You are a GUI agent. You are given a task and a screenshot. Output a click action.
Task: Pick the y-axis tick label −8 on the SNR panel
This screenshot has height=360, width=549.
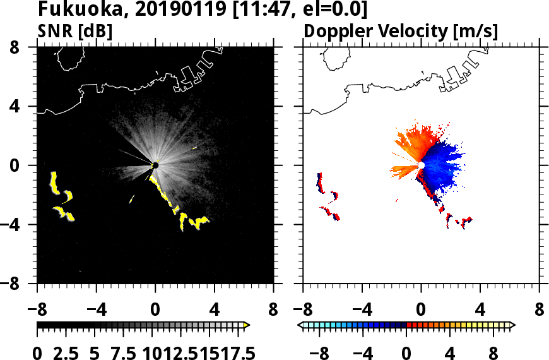click(21, 284)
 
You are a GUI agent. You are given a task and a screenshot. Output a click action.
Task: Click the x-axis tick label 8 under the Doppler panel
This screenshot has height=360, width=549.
click(540, 310)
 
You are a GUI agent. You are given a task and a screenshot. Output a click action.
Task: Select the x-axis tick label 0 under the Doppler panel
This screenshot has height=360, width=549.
click(421, 310)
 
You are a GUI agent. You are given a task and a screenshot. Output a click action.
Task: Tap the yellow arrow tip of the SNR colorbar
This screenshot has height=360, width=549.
click(247, 325)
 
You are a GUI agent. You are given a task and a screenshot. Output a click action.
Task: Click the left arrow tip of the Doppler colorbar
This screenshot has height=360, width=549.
click(300, 325)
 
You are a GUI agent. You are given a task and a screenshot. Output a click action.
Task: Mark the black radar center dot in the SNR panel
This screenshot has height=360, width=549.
click(155, 165)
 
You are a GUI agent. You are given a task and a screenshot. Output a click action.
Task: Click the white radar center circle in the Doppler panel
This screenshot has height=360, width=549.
click(421, 165)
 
